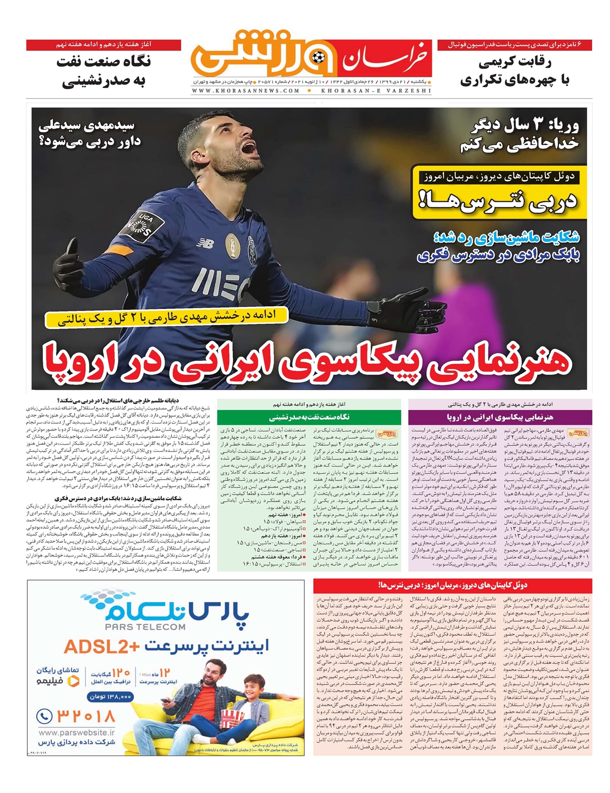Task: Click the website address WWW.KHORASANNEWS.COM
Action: point(246,91)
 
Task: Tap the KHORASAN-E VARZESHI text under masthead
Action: point(376,91)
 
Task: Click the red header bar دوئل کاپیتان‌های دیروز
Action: point(452,585)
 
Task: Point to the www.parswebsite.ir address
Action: point(76,733)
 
